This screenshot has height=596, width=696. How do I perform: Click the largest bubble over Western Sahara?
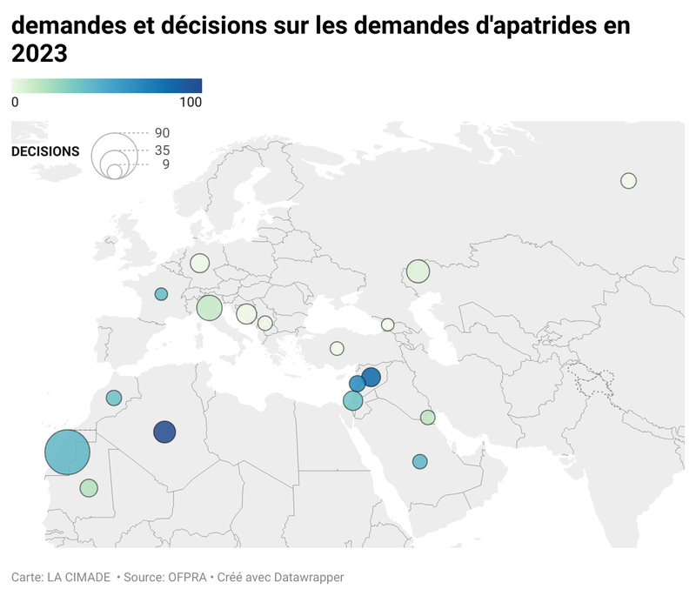tap(68, 452)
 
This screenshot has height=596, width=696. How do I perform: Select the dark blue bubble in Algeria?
tap(164, 432)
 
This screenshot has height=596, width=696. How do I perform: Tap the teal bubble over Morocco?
tap(114, 398)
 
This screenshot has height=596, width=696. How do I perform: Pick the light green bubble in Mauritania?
tap(89, 488)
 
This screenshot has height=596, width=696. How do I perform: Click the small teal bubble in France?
tap(161, 294)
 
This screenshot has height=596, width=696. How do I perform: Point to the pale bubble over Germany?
tap(200, 263)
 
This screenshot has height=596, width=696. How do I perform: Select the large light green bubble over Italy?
tap(210, 308)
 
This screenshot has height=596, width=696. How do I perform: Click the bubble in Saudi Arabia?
tap(420, 461)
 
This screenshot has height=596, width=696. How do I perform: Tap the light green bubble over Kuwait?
tap(427, 418)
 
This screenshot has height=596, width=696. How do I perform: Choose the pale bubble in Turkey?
tap(337, 348)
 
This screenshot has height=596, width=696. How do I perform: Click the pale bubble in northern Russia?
tap(628, 181)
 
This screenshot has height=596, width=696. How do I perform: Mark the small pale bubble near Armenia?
tap(387, 325)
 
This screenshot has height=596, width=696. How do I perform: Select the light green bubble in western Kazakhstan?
tap(418, 271)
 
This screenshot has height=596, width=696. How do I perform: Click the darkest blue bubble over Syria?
tap(371, 377)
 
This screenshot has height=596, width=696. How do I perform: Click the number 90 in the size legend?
tap(162, 133)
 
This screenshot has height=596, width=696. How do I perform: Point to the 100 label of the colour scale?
tap(190, 102)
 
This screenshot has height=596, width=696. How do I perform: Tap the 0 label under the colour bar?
tap(15, 102)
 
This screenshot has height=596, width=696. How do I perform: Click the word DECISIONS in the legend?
tap(45, 151)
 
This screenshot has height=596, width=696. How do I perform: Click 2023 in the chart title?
tap(39, 55)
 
